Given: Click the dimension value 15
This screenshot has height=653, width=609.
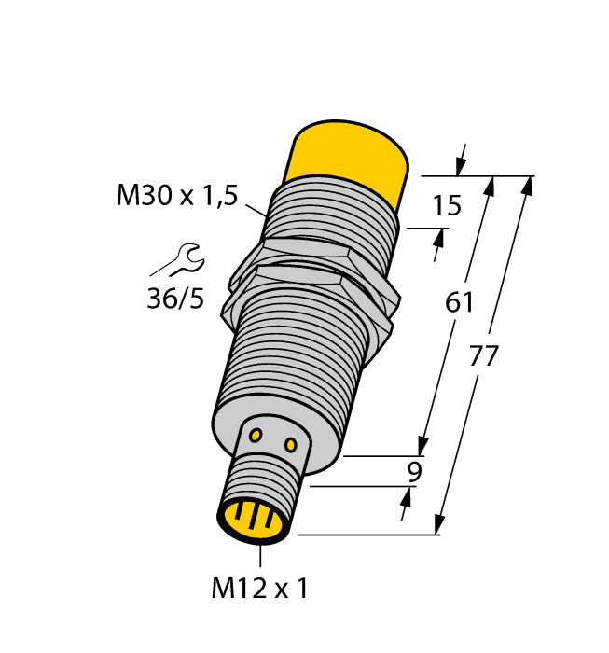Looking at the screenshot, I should pyautogui.click(x=448, y=205).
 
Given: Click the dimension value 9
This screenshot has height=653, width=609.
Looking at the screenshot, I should pyautogui.click(x=414, y=472).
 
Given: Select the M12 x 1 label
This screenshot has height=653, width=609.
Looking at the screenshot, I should pyautogui.click(x=259, y=589).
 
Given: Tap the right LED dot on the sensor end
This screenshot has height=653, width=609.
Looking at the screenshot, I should pyautogui.click(x=291, y=442).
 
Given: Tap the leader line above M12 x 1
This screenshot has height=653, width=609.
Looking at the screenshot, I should pyautogui.click(x=260, y=556).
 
